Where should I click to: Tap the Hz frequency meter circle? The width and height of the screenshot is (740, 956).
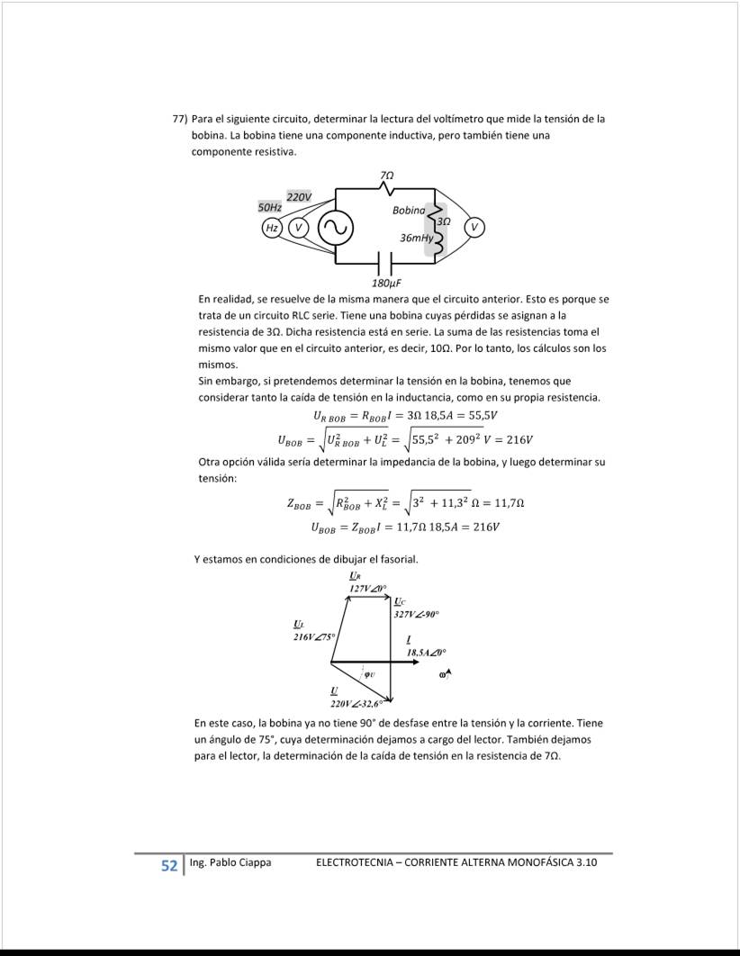[x=270, y=229]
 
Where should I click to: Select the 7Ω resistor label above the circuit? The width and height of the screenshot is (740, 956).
[x=387, y=174]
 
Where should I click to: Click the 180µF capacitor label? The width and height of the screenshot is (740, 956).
[x=386, y=282]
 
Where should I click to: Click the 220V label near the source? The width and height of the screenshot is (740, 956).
[x=299, y=196]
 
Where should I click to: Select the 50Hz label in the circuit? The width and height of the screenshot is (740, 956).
[x=271, y=208]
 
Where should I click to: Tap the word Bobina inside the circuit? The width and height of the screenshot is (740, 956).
[x=409, y=210]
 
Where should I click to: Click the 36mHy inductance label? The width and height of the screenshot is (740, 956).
[x=416, y=238]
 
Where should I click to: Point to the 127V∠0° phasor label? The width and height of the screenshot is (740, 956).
[x=367, y=588]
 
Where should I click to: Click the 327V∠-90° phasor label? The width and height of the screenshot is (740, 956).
[x=415, y=613]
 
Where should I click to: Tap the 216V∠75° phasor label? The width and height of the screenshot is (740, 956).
[x=313, y=636]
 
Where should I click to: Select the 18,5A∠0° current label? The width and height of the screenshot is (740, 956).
[x=426, y=651]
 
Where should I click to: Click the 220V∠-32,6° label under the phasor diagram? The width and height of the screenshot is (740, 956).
[x=357, y=702]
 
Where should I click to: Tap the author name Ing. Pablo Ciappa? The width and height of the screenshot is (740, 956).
[x=230, y=863]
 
